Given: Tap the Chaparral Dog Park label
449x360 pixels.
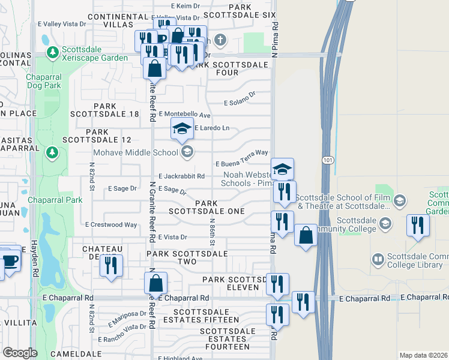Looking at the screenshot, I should point(43,81).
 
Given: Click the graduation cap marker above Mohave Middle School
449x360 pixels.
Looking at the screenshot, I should point(182,128).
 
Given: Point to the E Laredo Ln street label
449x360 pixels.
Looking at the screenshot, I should point(211,128).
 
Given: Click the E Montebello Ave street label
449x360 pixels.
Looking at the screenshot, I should point(184,115).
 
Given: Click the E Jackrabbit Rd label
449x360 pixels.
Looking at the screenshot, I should point(182,176).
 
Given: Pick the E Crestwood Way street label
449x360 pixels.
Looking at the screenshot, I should point(111,225).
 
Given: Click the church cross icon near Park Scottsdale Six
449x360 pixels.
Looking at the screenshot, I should point(220,41).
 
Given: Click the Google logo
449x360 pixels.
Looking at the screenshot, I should point(20,353).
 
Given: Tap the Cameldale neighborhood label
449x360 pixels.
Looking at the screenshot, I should point(71,354).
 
